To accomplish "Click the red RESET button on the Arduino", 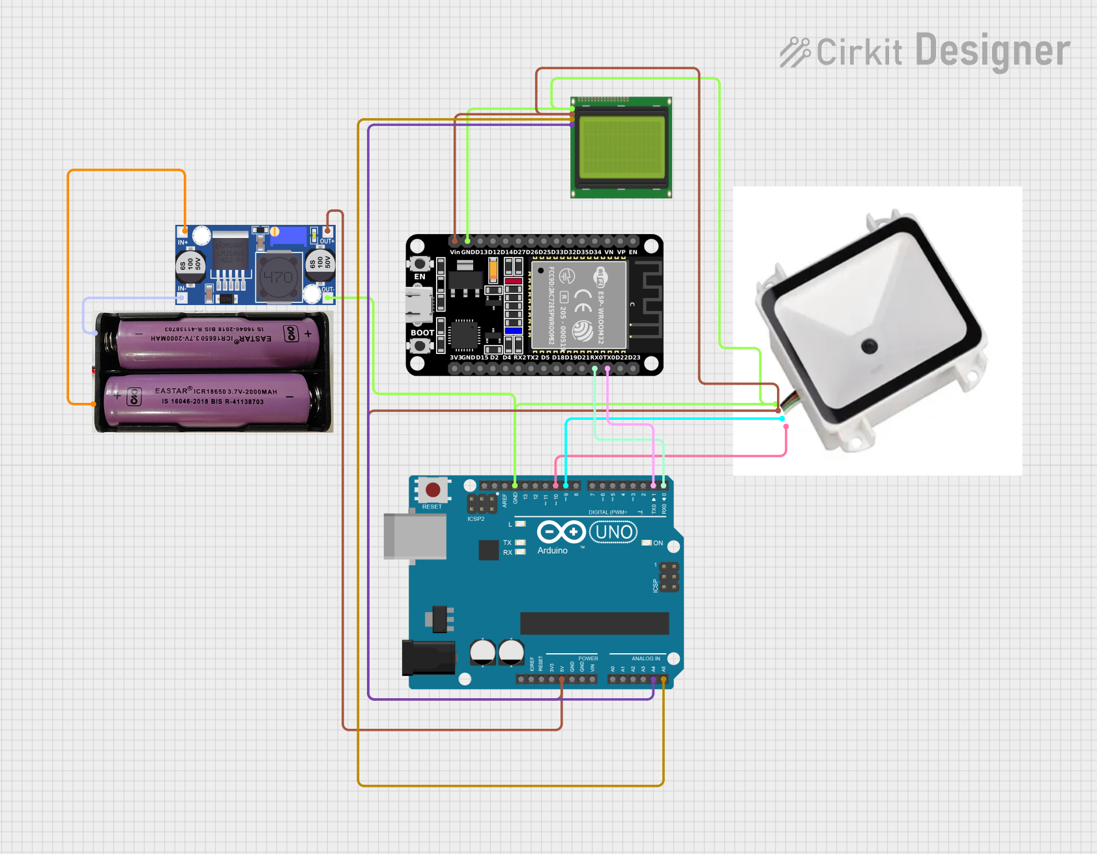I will click(x=432, y=490).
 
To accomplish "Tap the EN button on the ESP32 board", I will click(x=420, y=264).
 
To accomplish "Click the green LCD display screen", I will click(x=622, y=147).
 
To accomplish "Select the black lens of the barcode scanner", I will click(x=869, y=346).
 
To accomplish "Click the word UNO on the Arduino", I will click(x=613, y=533).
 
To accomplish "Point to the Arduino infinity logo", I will click(x=561, y=533).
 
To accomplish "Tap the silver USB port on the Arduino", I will click(x=415, y=537).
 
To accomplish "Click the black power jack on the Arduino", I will click(x=428, y=657).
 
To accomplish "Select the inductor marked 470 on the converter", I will click(x=278, y=278).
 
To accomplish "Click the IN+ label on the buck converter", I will click(x=183, y=243).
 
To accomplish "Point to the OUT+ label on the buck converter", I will click(x=327, y=241).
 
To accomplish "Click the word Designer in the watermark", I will click(x=992, y=51).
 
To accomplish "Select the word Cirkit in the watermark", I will click(x=859, y=52).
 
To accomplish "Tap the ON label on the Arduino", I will click(x=658, y=543).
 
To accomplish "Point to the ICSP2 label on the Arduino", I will click(x=476, y=519).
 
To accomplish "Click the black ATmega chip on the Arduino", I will click(x=594, y=623).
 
